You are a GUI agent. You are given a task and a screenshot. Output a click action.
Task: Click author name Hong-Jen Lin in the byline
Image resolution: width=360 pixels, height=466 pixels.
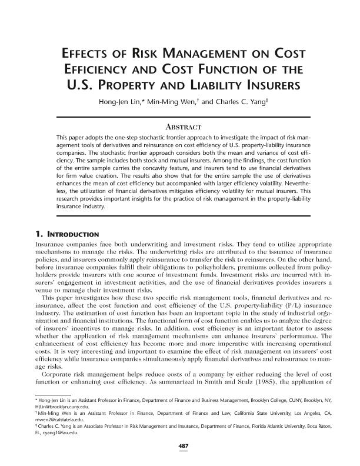[x=124, y=101]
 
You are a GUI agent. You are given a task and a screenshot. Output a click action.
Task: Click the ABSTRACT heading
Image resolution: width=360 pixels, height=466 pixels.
[x=180, y=127]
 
